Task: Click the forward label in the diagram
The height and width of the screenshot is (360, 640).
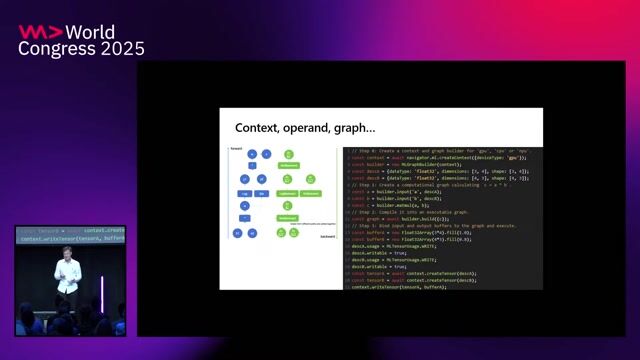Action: pyautogui.click(x=236, y=147)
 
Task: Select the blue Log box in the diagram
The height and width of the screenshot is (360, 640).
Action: pyautogui.click(x=244, y=193)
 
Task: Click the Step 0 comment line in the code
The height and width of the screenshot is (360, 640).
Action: pyautogui.click(x=440, y=150)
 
